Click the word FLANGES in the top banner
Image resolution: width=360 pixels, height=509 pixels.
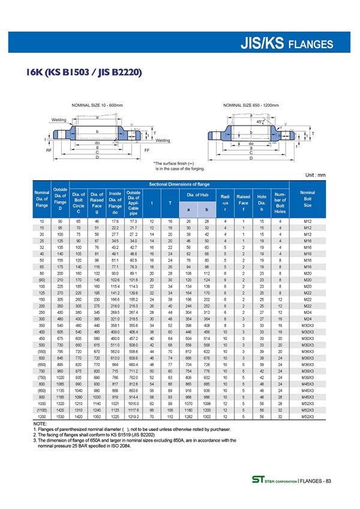pos(310,44)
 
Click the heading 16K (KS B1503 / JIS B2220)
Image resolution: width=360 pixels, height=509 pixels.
pos(83,73)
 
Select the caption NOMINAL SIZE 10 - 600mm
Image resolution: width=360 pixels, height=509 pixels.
pos(97,105)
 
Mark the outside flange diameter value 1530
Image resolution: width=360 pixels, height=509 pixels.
pos(60,416)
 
